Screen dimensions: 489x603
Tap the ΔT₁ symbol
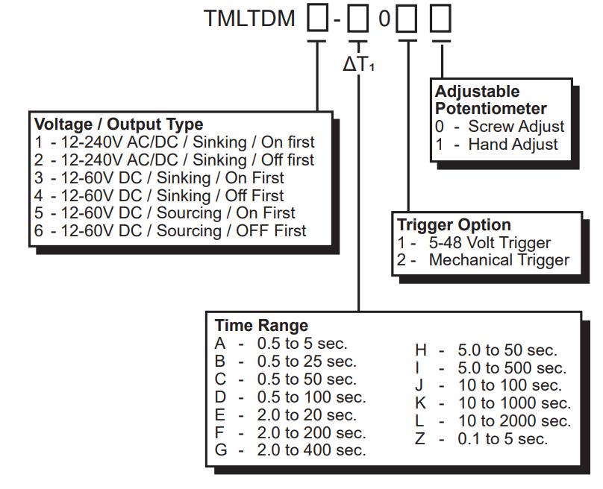(x=358, y=65)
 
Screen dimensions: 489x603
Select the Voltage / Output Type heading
(x=119, y=124)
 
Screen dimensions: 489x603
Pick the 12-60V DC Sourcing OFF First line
(x=170, y=231)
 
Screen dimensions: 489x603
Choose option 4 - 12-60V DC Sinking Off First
(x=159, y=196)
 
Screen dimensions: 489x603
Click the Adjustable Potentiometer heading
(x=490, y=100)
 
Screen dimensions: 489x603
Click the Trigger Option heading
(x=454, y=225)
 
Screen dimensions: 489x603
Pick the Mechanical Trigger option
(x=483, y=260)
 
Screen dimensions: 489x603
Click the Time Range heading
(x=261, y=326)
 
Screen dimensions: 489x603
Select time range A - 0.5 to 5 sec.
(x=281, y=344)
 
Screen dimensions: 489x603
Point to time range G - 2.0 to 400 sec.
(x=290, y=450)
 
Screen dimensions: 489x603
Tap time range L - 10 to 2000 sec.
(x=493, y=421)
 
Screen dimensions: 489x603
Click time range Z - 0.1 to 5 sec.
(x=481, y=439)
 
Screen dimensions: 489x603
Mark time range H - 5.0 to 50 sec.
(x=487, y=350)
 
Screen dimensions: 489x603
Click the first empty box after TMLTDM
(x=318, y=19)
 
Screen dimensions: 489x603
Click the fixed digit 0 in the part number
(x=384, y=19)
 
